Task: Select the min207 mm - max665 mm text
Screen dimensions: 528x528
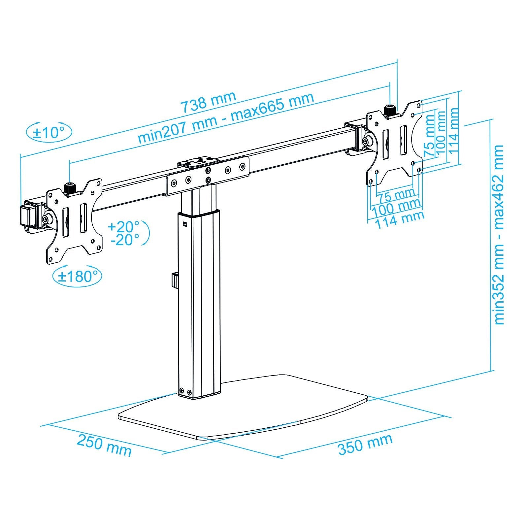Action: click(x=225, y=118)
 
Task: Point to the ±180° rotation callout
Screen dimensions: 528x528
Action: click(x=77, y=276)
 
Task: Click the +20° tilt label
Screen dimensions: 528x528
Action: click(x=124, y=227)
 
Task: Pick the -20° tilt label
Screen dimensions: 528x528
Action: click(x=125, y=240)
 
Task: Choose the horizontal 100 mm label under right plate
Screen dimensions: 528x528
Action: click(x=396, y=207)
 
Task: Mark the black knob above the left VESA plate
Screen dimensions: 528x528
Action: click(x=69, y=188)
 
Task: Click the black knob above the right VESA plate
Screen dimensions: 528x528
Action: click(x=390, y=110)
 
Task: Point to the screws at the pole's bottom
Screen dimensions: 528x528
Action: click(x=185, y=392)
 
